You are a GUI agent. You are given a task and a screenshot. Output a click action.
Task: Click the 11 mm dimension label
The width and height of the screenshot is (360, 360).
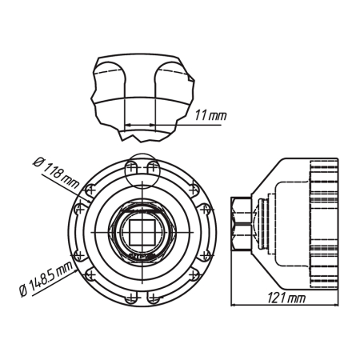210,115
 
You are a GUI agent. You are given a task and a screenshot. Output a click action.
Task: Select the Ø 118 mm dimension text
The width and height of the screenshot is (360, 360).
56,173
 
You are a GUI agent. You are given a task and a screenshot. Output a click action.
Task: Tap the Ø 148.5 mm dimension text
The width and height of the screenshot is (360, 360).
46,278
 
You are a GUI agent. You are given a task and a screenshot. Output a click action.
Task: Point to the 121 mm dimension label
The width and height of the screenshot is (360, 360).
286,298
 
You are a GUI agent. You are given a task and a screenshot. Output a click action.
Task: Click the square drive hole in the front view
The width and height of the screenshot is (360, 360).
142,232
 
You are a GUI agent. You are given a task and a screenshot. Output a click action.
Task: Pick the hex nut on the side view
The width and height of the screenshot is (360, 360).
241,223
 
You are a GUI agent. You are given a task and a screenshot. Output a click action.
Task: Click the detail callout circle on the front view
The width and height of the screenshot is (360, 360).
142,171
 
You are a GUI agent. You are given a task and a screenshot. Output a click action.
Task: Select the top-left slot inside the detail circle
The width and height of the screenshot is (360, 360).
131,168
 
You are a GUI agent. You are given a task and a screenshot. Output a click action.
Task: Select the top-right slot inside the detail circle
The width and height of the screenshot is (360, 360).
153,168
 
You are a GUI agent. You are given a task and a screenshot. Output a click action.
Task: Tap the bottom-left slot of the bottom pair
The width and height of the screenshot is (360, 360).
132,298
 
